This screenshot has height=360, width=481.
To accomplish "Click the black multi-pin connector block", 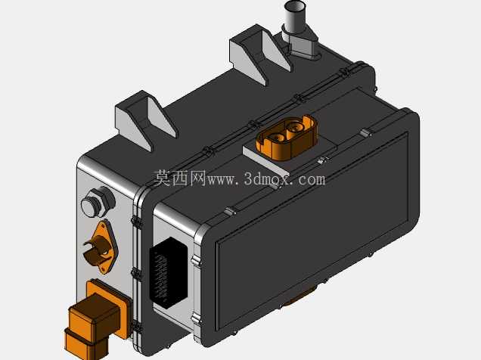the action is (168, 272).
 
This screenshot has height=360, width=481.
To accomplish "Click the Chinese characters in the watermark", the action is (179, 178).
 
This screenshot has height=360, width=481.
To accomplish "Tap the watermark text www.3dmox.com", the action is (266, 179).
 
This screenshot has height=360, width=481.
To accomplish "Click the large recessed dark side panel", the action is (312, 230).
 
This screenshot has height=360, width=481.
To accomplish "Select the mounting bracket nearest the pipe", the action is (261, 54).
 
